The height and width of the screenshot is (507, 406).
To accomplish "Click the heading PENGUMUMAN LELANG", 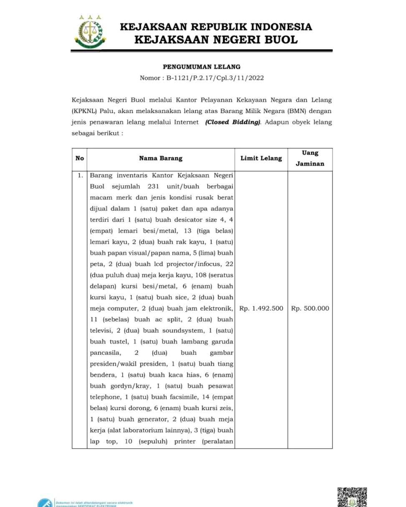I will click(202, 67).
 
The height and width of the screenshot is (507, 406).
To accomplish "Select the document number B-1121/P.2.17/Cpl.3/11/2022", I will click(215, 78).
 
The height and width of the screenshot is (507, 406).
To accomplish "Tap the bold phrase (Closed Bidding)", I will click(232, 122).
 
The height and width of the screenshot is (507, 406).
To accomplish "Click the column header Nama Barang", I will click(161, 159).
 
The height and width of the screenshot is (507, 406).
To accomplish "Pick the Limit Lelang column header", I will click(261, 159).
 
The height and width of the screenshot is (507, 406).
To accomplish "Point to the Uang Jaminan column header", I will click(310, 158).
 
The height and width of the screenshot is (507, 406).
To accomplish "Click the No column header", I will click(79, 159).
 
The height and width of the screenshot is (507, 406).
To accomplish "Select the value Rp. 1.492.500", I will click(261, 309).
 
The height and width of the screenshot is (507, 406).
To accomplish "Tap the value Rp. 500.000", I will click(310, 309).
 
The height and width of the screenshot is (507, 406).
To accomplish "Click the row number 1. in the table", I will click(80, 175).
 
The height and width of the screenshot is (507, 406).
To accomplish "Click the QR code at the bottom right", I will click(352, 497).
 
